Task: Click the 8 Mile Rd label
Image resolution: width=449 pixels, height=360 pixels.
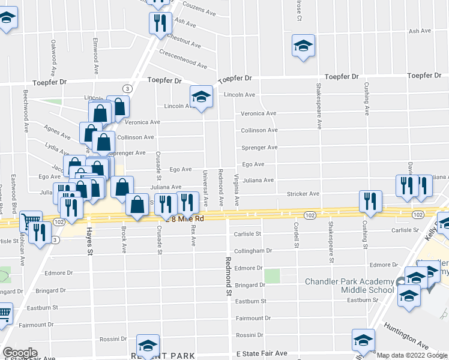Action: [188, 219]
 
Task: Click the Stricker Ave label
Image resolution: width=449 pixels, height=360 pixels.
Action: [303, 194]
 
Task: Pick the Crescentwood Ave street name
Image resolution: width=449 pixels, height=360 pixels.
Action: [183, 58]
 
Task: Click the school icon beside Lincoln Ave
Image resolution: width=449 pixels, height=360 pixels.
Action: [201, 96]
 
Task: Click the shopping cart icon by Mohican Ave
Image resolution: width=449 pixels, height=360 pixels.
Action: [28, 220]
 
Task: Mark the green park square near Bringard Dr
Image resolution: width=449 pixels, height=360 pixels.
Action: [273, 276]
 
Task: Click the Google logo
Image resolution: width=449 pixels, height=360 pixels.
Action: [20, 353]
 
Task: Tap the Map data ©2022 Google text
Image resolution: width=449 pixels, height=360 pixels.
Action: [412, 355]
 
